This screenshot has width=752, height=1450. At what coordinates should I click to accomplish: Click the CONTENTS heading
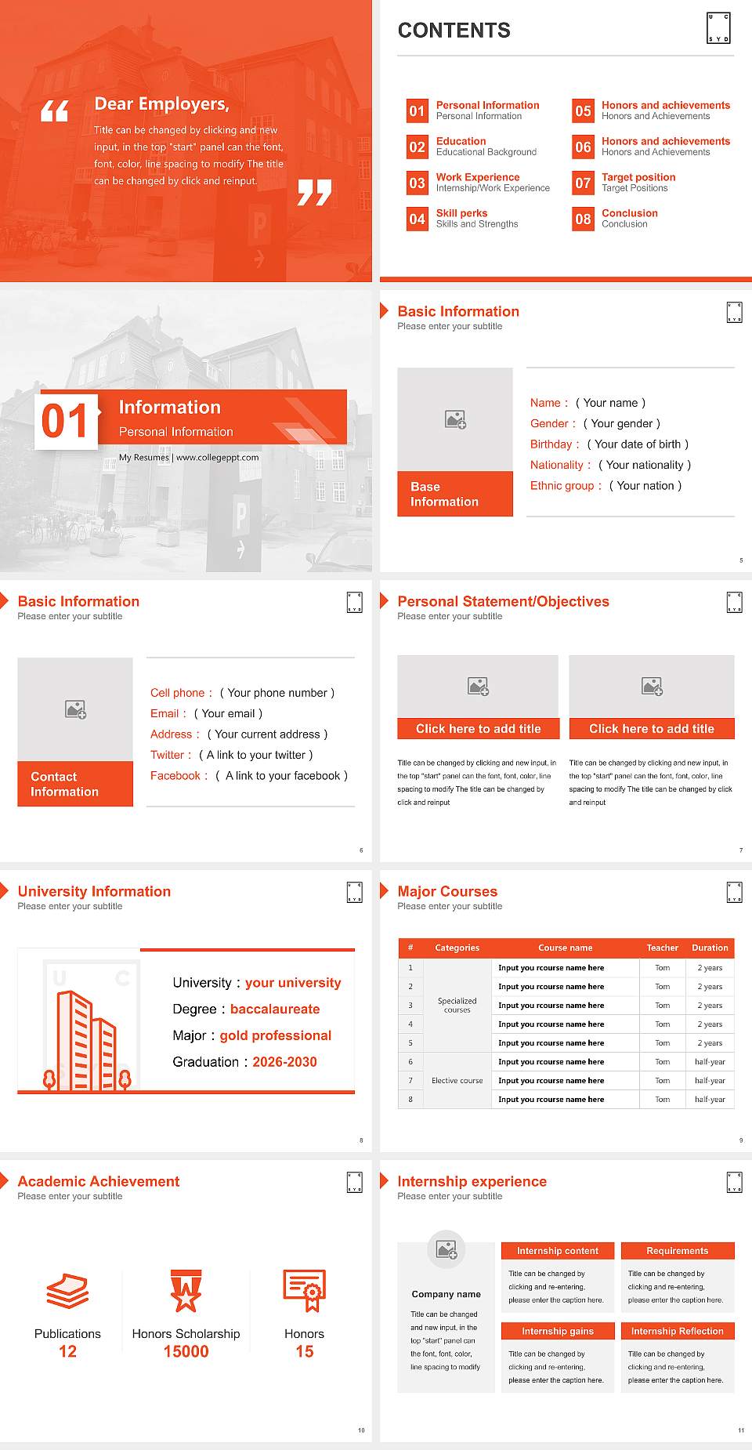tap(454, 31)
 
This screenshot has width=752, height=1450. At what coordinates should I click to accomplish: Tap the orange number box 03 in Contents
tap(417, 183)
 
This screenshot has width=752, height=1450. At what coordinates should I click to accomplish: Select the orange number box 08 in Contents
tap(583, 219)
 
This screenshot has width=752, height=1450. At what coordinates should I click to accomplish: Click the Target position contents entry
tap(638, 177)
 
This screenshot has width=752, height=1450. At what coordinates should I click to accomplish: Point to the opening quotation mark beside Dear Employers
tap(54, 111)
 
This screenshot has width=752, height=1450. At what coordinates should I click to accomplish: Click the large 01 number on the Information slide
tap(66, 422)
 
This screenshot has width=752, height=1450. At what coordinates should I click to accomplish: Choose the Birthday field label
tap(551, 444)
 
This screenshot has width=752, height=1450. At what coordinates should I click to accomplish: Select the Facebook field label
tap(175, 776)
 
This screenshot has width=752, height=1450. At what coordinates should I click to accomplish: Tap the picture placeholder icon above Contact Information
tap(76, 710)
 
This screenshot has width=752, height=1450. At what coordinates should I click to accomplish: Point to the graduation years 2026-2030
tap(284, 1062)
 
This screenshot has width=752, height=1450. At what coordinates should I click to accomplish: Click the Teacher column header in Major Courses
tap(662, 948)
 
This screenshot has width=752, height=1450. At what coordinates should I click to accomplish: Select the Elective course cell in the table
tap(457, 1081)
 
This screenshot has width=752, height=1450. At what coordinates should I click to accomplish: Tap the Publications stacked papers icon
tap(67, 1291)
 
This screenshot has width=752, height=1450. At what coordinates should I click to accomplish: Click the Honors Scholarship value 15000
tap(186, 1351)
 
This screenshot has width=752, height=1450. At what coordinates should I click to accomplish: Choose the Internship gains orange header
tap(558, 1331)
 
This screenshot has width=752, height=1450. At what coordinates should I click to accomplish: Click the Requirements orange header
tap(677, 1251)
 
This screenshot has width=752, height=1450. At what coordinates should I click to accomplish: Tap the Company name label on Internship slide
tap(446, 1294)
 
